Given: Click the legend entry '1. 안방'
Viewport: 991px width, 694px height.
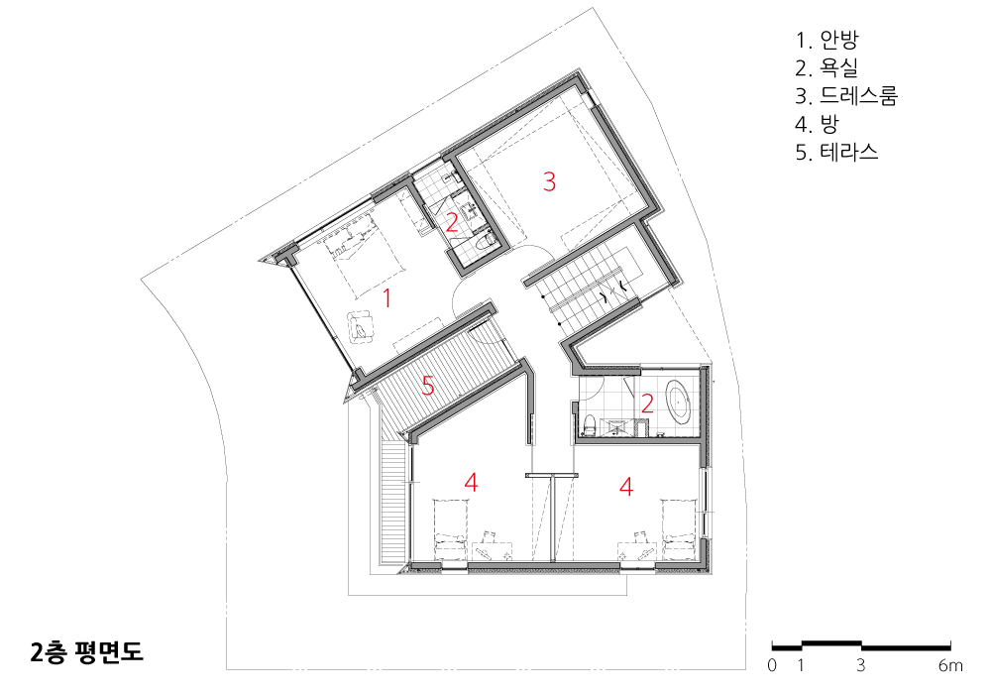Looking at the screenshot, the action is [x=826, y=40].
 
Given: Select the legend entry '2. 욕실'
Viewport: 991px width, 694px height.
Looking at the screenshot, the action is [x=826, y=67].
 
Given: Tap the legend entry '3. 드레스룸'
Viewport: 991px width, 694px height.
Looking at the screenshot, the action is [x=846, y=95].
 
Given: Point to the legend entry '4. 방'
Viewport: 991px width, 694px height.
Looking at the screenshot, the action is [x=818, y=124].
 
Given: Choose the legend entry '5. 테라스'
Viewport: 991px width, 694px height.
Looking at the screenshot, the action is [x=836, y=152].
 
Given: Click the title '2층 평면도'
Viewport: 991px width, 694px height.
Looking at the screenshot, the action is [x=86, y=652].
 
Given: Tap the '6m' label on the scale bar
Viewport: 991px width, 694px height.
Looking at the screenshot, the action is [x=950, y=665].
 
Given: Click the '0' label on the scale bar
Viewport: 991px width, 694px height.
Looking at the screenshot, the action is [x=772, y=665].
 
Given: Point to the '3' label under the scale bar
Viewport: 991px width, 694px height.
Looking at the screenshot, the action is [x=861, y=665].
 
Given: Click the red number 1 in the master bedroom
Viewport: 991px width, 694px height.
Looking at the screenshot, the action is [x=386, y=297].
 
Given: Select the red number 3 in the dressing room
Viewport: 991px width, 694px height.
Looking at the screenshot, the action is [x=549, y=181].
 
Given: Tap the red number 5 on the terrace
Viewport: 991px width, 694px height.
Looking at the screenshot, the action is [x=428, y=386].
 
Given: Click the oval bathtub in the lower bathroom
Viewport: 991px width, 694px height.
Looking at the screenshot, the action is [x=680, y=402].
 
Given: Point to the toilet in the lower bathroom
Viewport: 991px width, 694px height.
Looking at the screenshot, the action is [x=589, y=424].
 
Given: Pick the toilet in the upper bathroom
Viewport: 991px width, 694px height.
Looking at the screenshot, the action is [x=486, y=243].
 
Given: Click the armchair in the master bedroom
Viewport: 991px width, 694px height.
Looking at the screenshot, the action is [x=361, y=326].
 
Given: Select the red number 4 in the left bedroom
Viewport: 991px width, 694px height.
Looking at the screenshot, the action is [x=471, y=483].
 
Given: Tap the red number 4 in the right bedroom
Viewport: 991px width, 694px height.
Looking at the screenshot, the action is [x=626, y=487].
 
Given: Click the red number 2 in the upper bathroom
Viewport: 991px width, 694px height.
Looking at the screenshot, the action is [x=451, y=223].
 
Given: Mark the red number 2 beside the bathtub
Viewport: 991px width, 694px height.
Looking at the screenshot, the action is [x=647, y=404].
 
